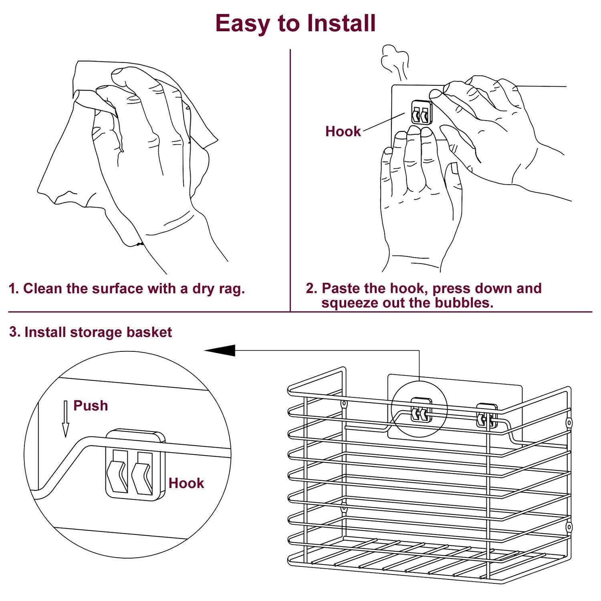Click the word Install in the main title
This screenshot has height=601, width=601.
click(342, 23)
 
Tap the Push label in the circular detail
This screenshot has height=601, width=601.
click(91, 405)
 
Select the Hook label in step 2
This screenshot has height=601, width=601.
click(343, 131)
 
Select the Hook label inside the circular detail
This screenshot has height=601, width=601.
click(186, 483)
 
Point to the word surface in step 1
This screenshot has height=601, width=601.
click(117, 288)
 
